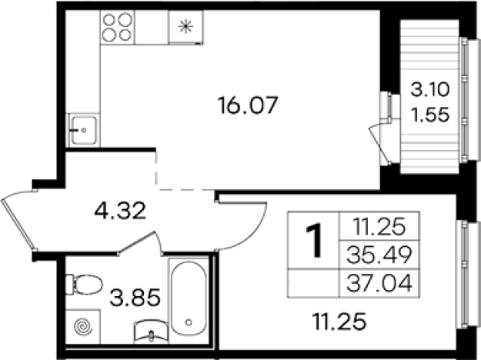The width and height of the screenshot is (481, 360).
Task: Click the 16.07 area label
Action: click(x=247, y=105)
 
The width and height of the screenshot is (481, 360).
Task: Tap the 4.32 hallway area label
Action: click(x=120, y=212)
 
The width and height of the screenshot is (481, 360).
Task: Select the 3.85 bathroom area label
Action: click(x=135, y=297)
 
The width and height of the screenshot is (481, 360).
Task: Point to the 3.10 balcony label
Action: click(x=430, y=89)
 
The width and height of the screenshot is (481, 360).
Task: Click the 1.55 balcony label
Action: click(x=430, y=115)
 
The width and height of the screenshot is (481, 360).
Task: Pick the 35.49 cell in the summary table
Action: click(x=379, y=255)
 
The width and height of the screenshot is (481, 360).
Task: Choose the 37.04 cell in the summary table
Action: click(x=379, y=283)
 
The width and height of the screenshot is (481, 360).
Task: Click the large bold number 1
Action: click(x=313, y=240)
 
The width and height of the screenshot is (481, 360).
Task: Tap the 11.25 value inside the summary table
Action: click(x=379, y=227)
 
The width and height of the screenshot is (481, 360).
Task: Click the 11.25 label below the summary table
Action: click(x=339, y=321)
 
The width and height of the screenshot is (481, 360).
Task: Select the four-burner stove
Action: click(x=117, y=27)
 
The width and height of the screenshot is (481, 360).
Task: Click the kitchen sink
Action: click(x=83, y=130)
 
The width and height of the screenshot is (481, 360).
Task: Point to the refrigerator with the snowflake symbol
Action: click(x=186, y=27)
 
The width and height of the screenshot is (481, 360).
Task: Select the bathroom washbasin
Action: click(x=151, y=330)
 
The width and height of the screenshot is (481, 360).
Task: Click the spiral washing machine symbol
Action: click(x=83, y=327)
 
